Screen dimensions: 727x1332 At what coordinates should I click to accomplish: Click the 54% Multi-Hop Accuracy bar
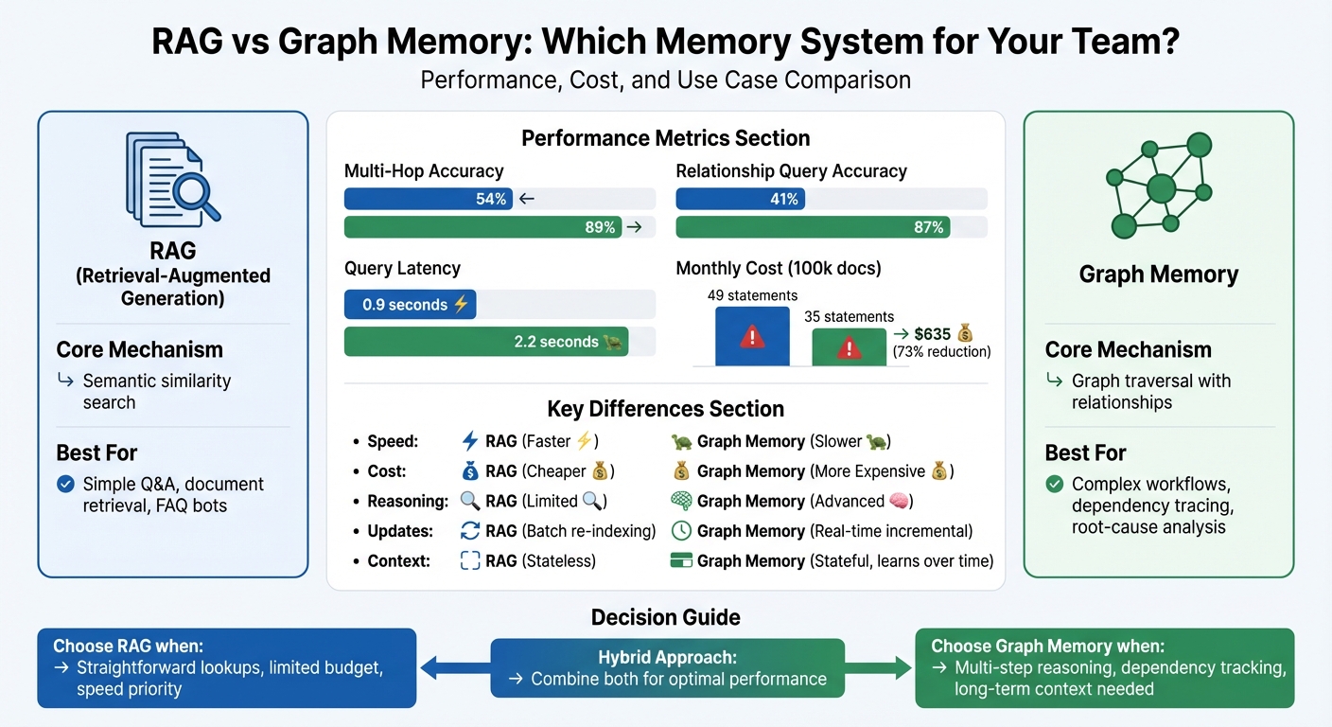(429, 199)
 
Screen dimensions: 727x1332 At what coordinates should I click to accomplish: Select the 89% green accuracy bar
(482, 227)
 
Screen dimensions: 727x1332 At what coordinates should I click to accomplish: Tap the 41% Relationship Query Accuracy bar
(740, 199)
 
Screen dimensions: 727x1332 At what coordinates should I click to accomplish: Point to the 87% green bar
(813, 227)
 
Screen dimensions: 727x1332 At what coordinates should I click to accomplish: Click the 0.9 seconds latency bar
(411, 305)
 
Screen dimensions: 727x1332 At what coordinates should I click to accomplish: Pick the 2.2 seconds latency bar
(486, 342)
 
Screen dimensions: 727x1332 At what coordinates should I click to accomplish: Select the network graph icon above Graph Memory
(1159, 186)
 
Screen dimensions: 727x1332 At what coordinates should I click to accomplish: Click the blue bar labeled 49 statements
(752, 336)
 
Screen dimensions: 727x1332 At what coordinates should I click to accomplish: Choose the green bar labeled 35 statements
(850, 347)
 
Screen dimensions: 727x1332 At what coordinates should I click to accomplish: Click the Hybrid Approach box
(667, 668)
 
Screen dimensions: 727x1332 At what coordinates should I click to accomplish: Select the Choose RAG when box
(227, 667)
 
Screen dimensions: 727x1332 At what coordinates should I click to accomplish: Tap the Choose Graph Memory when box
(1104, 667)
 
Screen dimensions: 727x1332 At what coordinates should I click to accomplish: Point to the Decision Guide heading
(665, 617)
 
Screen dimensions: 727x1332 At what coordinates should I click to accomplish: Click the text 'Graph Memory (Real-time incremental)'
(834, 531)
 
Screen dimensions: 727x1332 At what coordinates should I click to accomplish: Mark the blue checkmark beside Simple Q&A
(65, 485)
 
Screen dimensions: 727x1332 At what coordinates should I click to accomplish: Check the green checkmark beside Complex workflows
(1054, 485)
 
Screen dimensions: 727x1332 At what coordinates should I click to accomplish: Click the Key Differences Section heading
(665, 409)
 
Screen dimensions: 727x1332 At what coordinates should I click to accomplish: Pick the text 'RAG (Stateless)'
(540, 561)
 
